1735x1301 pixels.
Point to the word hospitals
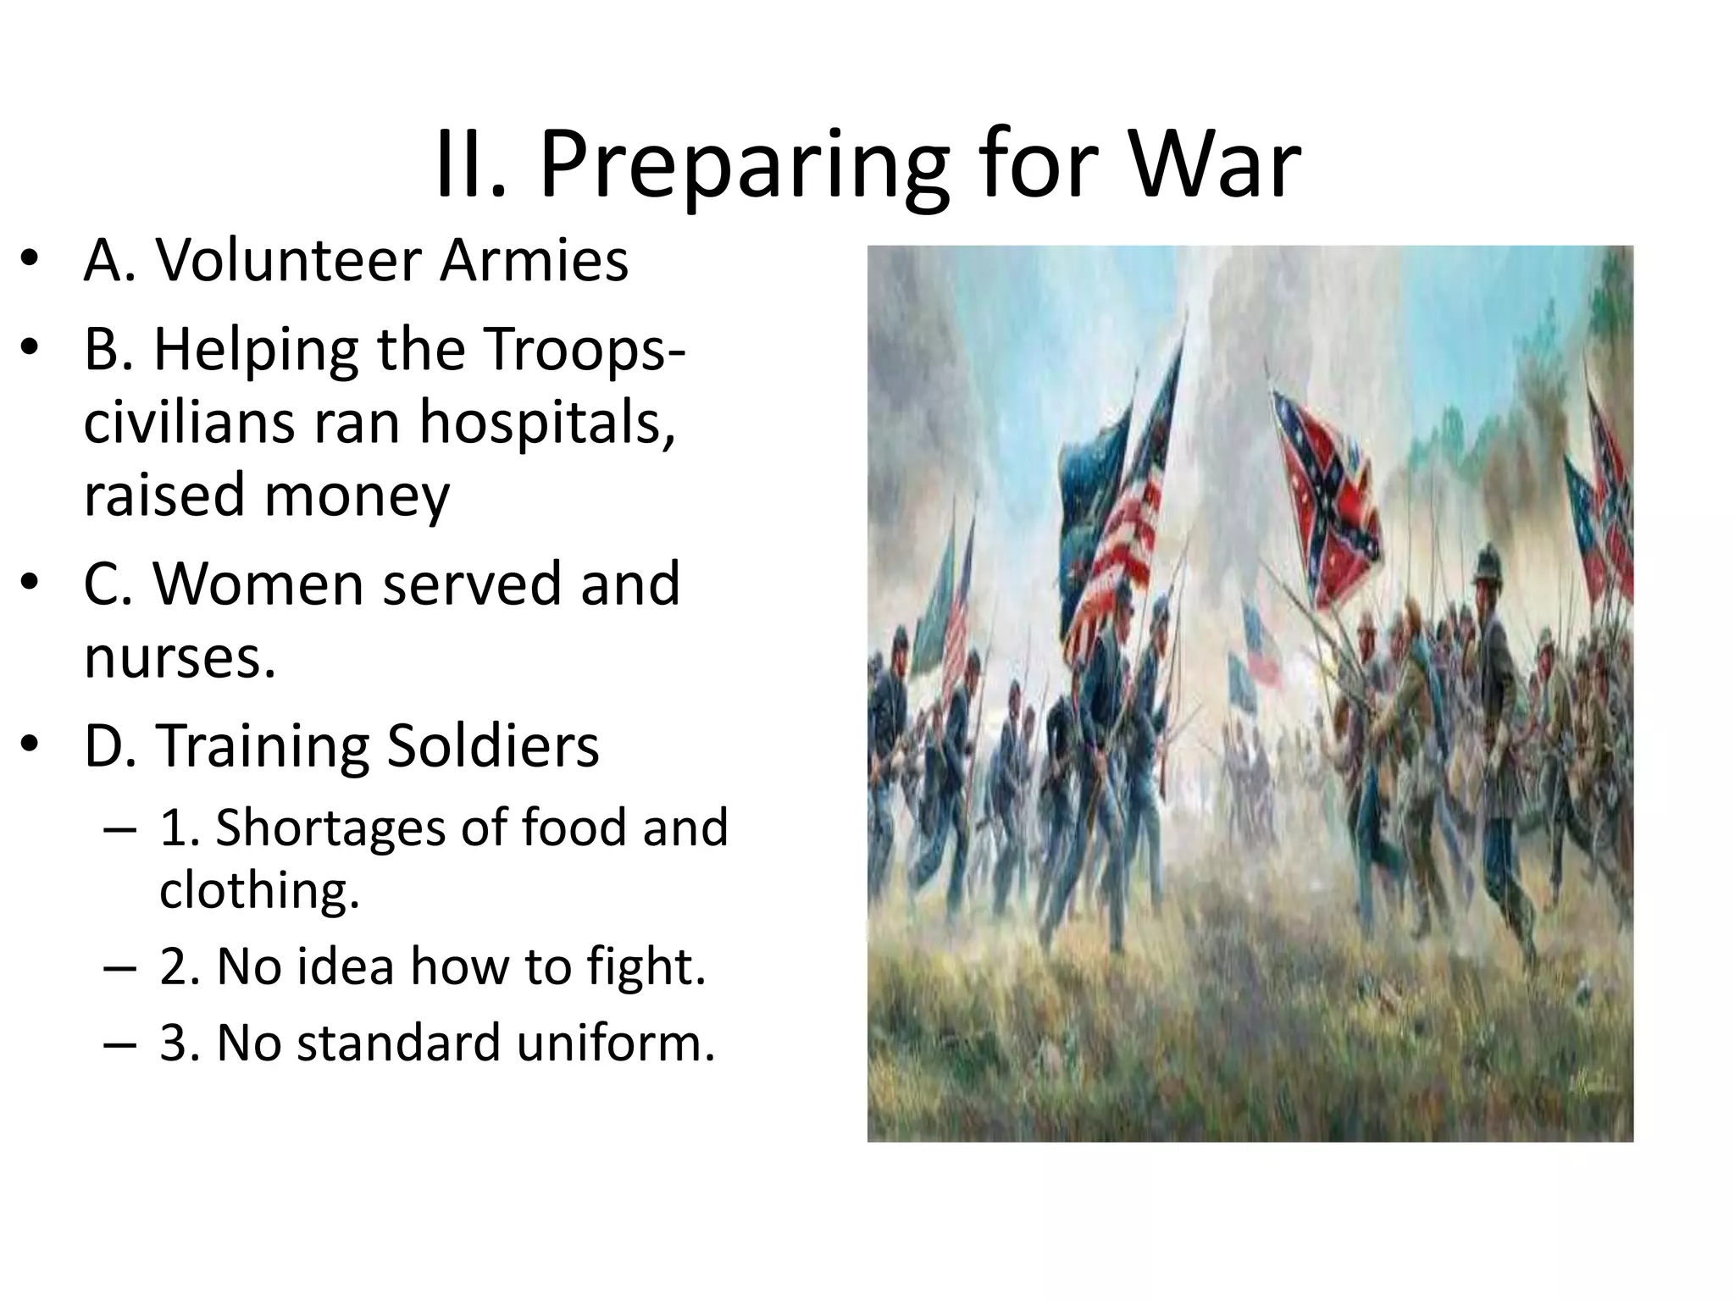[x=547, y=421]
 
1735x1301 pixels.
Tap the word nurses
[x=180, y=658]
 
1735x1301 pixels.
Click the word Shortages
[x=330, y=828]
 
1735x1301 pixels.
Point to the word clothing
[x=259, y=890]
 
